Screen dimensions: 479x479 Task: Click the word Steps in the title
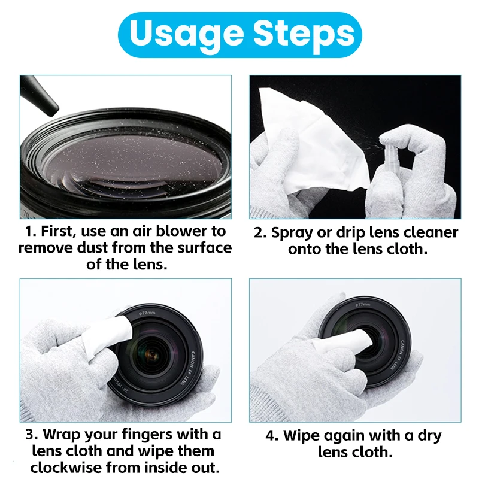click(x=304, y=34)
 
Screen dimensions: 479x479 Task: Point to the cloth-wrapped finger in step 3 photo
click(x=107, y=335)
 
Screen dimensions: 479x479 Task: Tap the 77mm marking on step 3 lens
click(x=147, y=313)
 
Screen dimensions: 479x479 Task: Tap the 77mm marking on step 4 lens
click(x=363, y=304)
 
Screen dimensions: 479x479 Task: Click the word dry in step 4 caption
click(x=429, y=436)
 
